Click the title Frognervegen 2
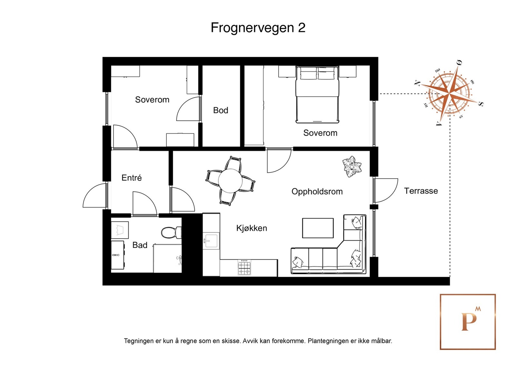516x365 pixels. (258, 28)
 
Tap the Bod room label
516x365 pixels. (221, 110)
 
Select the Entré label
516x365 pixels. (132, 178)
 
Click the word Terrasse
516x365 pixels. (421, 191)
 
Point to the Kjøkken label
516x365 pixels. (252, 228)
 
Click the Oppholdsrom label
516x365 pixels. (317, 192)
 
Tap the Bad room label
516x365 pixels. (140, 245)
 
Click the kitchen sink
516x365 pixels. (211, 241)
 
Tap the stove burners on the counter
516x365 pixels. (244, 268)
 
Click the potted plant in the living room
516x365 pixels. (352, 166)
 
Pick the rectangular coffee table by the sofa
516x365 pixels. (318, 228)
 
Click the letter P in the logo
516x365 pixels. (469, 322)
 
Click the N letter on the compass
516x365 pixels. (417, 83)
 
